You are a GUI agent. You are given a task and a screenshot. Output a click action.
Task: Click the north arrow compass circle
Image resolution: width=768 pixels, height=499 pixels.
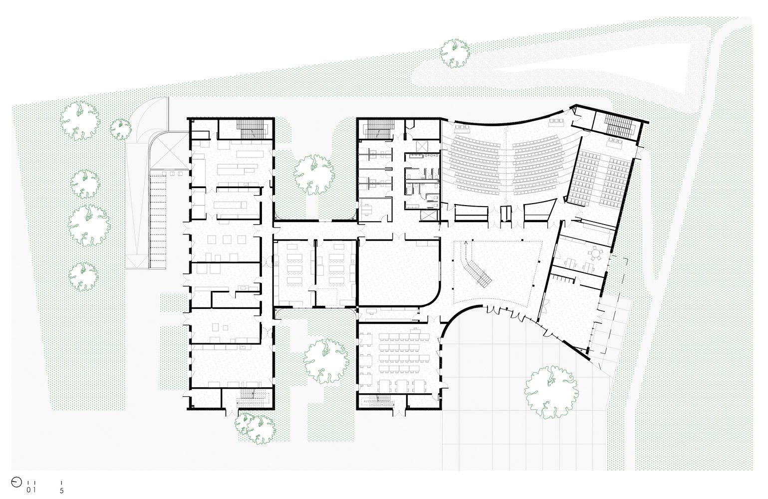[x=16, y=483]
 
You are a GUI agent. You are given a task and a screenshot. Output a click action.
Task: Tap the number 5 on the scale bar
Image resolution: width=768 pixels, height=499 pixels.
[x=62, y=491]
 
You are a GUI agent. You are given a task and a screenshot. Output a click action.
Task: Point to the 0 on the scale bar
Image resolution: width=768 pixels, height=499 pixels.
[x=28, y=491]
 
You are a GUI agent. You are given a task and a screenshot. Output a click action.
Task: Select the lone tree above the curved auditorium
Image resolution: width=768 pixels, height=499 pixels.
[x=455, y=53]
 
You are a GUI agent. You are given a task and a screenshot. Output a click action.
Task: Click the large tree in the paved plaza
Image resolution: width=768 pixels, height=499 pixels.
[x=551, y=392]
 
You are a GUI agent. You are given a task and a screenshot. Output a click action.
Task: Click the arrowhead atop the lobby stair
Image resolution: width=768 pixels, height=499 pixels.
[x=466, y=243]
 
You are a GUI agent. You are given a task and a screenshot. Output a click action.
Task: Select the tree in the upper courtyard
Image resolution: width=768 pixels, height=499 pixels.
[x=314, y=175]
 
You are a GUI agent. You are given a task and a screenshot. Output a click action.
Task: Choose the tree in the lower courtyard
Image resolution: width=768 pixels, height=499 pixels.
[x=325, y=361]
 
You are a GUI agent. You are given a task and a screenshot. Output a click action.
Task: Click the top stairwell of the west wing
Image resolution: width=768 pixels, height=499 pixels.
[x=252, y=129]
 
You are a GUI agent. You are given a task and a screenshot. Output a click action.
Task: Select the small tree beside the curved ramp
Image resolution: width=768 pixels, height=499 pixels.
[x=121, y=129]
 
